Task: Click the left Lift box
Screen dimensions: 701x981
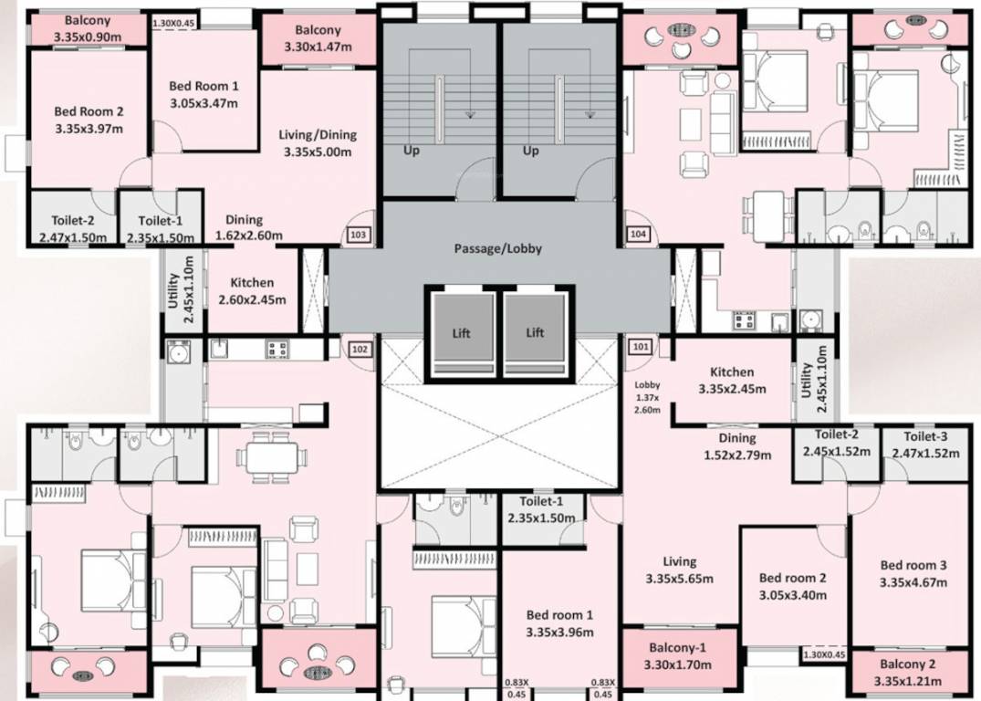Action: (x=461, y=333)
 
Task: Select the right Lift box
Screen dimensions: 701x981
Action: (x=535, y=333)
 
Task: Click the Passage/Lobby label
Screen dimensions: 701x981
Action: (x=497, y=248)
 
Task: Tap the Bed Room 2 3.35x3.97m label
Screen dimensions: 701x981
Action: (x=89, y=120)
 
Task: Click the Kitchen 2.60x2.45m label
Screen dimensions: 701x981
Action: (x=252, y=290)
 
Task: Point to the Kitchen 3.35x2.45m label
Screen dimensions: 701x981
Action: (x=732, y=380)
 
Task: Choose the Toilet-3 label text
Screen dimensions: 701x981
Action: (x=925, y=444)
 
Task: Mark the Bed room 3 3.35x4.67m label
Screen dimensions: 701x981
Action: (x=913, y=573)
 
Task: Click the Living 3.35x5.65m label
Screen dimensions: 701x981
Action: (x=679, y=570)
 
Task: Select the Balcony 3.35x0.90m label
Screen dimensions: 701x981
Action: (x=87, y=28)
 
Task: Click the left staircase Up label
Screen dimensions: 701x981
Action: (x=412, y=151)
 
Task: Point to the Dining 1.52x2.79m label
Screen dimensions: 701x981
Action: (x=737, y=446)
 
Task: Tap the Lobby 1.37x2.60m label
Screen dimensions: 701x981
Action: (x=647, y=397)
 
